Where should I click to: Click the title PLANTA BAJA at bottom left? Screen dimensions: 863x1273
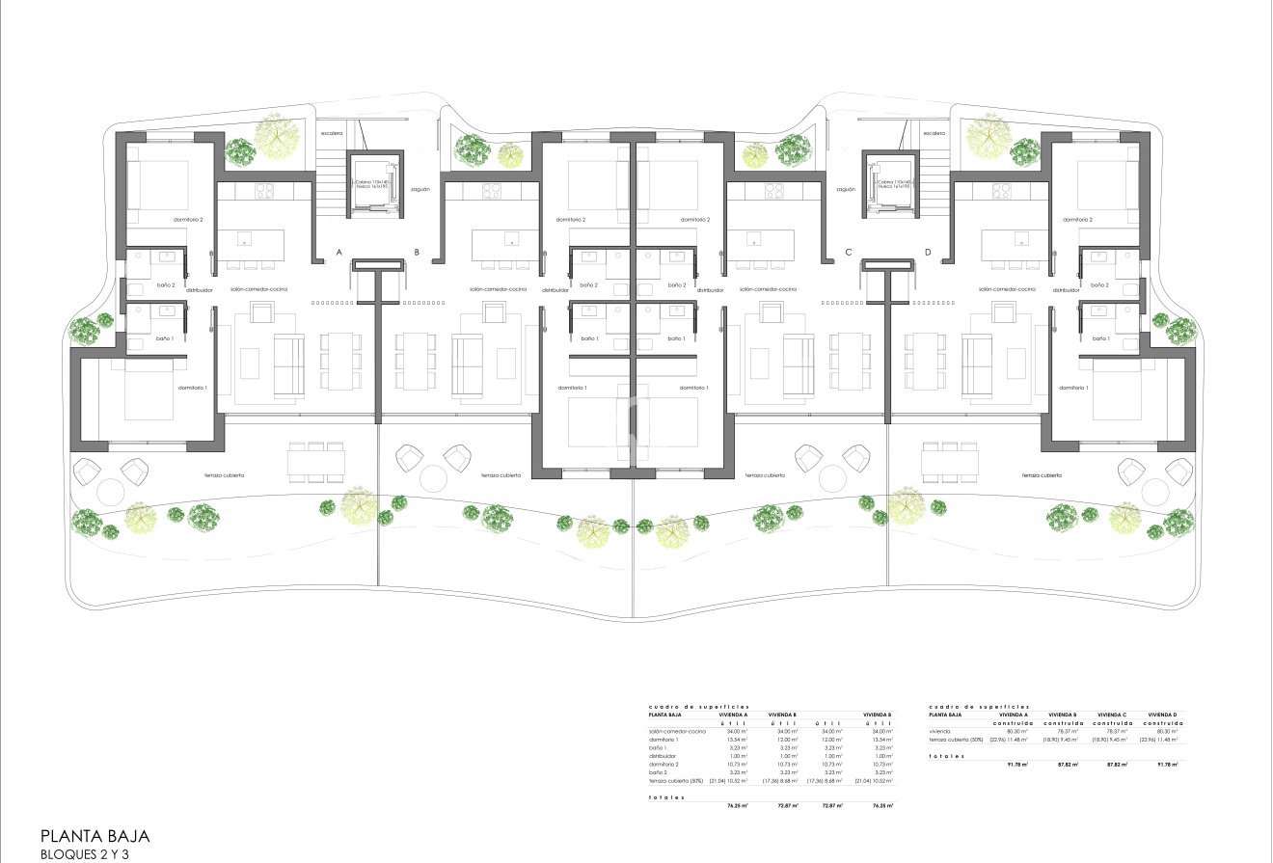click(x=95, y=836)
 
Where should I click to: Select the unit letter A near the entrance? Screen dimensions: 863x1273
click(x=339, y=253)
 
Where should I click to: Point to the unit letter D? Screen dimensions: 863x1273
click(x=928, y=253)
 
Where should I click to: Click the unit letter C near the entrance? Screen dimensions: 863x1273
click(x=849, y=253)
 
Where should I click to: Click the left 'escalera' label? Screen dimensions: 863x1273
click(x=333, y=133)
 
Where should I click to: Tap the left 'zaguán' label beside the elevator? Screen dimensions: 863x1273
click(x=419, y=189)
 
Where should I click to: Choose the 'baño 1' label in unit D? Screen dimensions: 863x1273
click(x=1099, y=338)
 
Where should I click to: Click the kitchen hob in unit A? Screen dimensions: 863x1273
click(x=264, y=191)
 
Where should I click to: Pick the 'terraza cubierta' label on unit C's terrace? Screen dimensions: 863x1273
click(x=765, y=475)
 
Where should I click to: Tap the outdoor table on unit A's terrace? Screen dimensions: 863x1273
click(x=316, y=464)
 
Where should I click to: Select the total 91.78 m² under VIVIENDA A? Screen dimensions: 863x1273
click(x=1016, y=764)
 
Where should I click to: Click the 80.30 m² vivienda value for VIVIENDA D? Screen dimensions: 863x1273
click(x=1166, y=731)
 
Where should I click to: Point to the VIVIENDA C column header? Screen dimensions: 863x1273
click(x=1112, y=715)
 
